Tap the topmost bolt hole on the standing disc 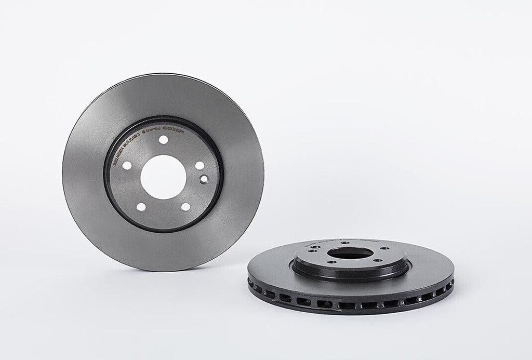(x=163, y=140)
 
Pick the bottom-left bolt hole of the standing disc (x=141, y=207)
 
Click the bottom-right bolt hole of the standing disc (x=185, y=207)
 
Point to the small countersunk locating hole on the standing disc (x=204, y=179)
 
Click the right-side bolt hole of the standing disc (x=199, y=165)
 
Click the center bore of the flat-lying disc (x=351, y=252)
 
